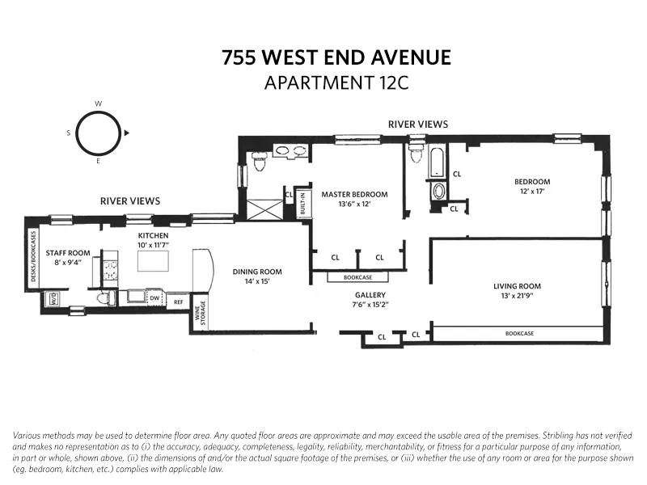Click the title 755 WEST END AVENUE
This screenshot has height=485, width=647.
[336, 58]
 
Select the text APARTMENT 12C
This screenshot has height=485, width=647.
[336, 82]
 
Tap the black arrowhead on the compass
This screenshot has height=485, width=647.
[127, 133]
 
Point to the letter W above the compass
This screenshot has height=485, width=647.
[98, 104]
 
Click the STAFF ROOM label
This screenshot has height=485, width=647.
[68, 253]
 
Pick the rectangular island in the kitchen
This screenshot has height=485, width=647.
[154, 261]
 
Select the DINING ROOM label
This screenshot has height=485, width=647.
[257, 272]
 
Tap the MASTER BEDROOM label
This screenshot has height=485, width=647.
[354, 194]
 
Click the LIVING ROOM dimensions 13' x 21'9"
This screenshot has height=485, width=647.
[518, 297]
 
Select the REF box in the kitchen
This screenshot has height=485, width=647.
[178, 302]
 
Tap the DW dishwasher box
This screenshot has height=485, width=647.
[154, 297]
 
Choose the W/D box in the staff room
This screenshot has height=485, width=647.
[54, 297]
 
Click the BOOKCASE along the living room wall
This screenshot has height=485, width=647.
[518, 332]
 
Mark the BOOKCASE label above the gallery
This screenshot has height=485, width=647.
[357, 276]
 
